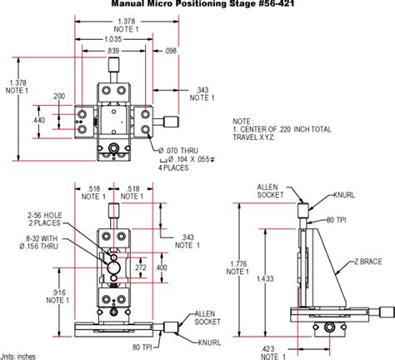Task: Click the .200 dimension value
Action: (x=58, y=97)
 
